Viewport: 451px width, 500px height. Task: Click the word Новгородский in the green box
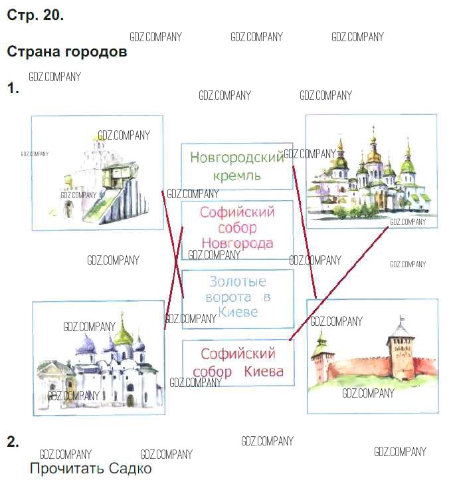[236, 158]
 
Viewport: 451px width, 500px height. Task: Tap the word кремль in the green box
[237, 176]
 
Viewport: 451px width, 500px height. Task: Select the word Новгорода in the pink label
[237, 243]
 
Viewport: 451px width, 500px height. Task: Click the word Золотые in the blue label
[237, 281]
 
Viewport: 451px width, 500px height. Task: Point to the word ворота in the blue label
[228, 297]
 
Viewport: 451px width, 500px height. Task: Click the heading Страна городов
[66, 51]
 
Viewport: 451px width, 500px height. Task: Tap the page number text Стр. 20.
[35, 15]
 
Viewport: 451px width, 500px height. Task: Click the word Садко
[130, 469]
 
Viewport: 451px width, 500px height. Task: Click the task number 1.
[12, 88]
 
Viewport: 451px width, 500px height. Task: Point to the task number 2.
[12, 441]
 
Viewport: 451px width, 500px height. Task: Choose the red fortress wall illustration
[372, 357]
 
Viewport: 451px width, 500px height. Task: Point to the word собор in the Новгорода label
[237, 228]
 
